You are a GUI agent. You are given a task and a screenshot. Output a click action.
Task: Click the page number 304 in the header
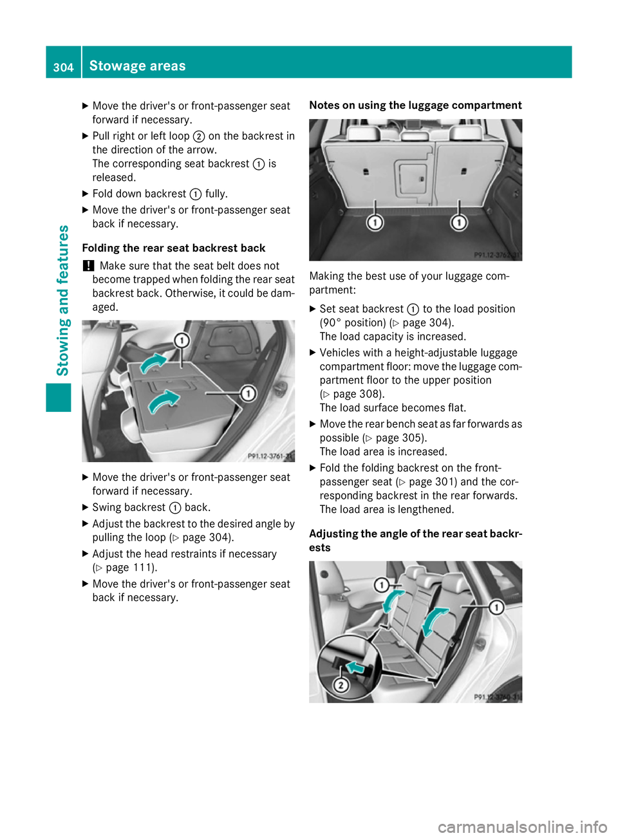[63, 67]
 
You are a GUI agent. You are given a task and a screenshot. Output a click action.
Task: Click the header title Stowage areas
[137, 66]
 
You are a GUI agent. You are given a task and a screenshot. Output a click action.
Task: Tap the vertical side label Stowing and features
[63, 300]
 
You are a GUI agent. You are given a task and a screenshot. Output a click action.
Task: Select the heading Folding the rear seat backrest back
[174, 248]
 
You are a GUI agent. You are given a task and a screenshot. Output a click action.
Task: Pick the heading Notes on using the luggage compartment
[415, 106]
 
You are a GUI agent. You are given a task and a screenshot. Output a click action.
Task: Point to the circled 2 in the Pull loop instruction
[199, 136]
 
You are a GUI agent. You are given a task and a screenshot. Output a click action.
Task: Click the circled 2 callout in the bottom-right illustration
[341, 685]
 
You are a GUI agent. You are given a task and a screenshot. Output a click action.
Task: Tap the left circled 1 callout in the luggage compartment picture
[375, 223]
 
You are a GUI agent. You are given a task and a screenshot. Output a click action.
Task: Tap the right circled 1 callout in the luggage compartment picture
[459, 223]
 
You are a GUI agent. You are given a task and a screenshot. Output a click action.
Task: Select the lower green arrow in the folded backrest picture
[164, 402]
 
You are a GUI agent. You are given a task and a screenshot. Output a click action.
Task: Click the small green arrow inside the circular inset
[355, 667]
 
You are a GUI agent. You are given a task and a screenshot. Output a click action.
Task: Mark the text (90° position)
[353, 323]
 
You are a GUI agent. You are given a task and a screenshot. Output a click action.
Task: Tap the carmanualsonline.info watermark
[522, 826]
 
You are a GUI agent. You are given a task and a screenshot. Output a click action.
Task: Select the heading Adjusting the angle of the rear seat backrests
[415, 541]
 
